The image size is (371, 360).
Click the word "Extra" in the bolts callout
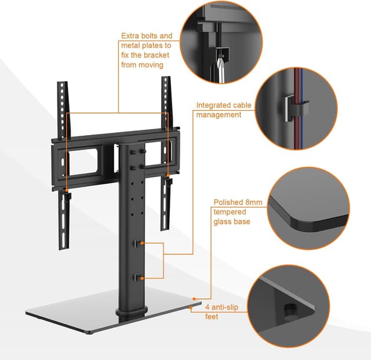tap(130, 36)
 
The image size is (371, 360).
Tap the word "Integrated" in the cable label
tap(211, 105)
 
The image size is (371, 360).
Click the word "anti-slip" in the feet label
tap(225, 307)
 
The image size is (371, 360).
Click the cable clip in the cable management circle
tap(296, 108)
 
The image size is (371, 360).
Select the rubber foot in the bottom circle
tap(290, 311)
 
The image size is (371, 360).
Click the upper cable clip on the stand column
tap(137, 243)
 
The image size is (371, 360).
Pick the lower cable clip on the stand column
tap(137, 278)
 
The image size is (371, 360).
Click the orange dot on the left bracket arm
tap(67, 190)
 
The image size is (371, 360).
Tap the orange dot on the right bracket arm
tap(168, 176)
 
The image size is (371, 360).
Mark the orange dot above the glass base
tap(194, 299)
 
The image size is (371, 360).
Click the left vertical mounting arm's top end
tap(62, 82)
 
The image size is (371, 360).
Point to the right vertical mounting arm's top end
tap(166, 77)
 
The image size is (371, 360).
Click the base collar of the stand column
tap(132, 311)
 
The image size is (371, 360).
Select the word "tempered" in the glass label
tap(230, 212)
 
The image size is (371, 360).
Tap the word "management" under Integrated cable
tap(219, 115)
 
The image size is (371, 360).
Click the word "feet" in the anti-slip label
tap(212, 317)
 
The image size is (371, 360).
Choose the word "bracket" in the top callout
tap(157, 55)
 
